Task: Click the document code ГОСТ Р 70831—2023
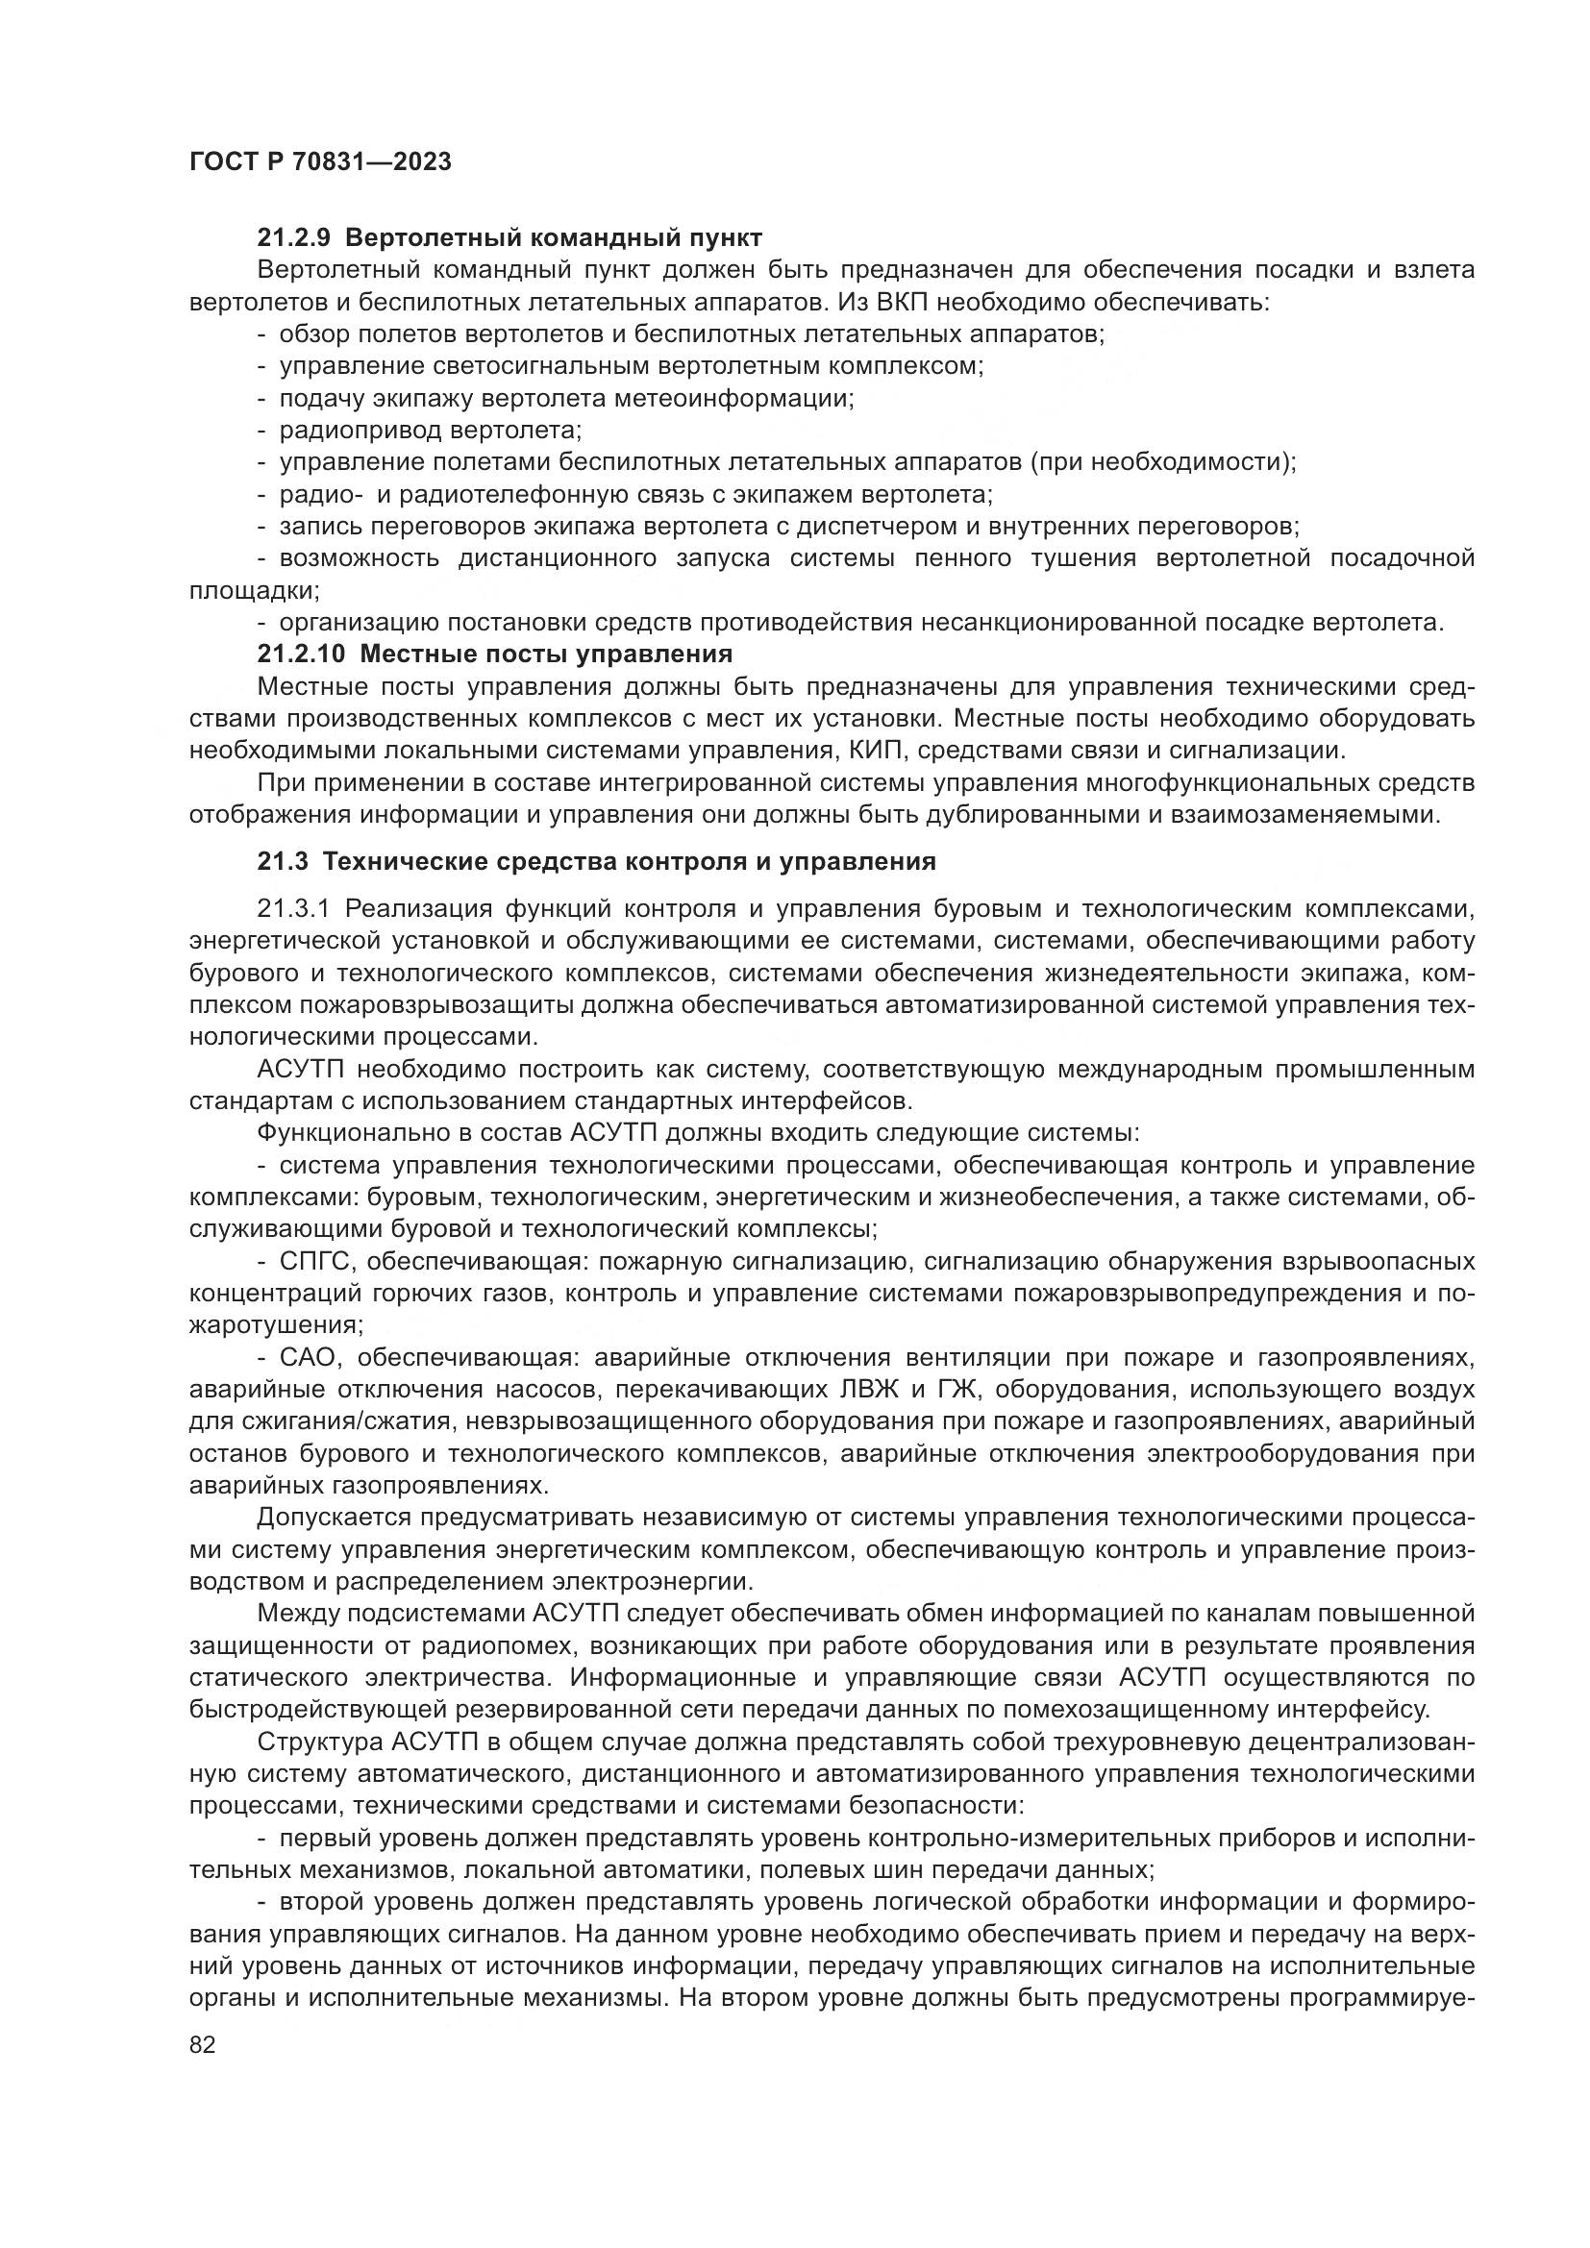pos(320,162)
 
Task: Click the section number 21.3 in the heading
pos(283,861)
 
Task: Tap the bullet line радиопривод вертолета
pos(431,430)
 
